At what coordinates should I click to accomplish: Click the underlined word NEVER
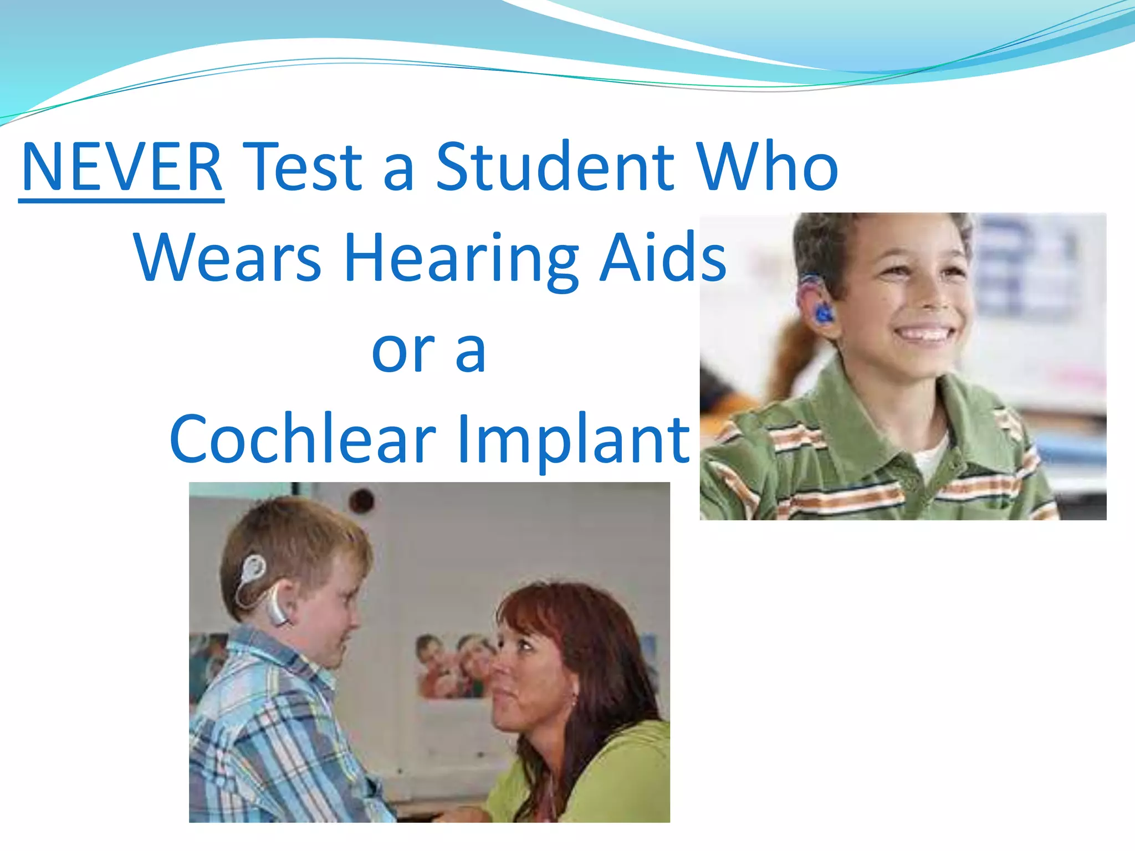(x=121, y=167)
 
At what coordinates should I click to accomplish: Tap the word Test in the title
(x=303, y=167)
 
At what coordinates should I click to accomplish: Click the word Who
(x=767, y=167)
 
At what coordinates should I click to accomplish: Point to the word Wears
(x=227, y=258)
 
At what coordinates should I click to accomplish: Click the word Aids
(x=663, y=258)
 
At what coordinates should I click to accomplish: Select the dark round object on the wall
(x=363, y=500)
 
